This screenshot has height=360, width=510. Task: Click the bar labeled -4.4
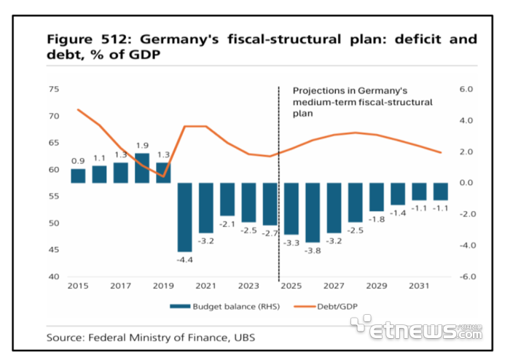[185, 216]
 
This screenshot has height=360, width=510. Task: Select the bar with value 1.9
[143, 168]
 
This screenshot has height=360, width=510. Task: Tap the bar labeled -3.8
[313, 212]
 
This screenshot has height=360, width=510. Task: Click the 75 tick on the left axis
[53, 90]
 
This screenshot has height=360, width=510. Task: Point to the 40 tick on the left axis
[53, 277]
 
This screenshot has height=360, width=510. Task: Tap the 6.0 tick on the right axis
[466, 90]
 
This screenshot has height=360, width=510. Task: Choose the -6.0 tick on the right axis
[465, 277]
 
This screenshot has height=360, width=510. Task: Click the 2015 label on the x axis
[78, 287]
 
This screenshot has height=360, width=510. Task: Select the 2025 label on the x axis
[291, 287]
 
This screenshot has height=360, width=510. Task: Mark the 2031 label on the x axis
[419, 287]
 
